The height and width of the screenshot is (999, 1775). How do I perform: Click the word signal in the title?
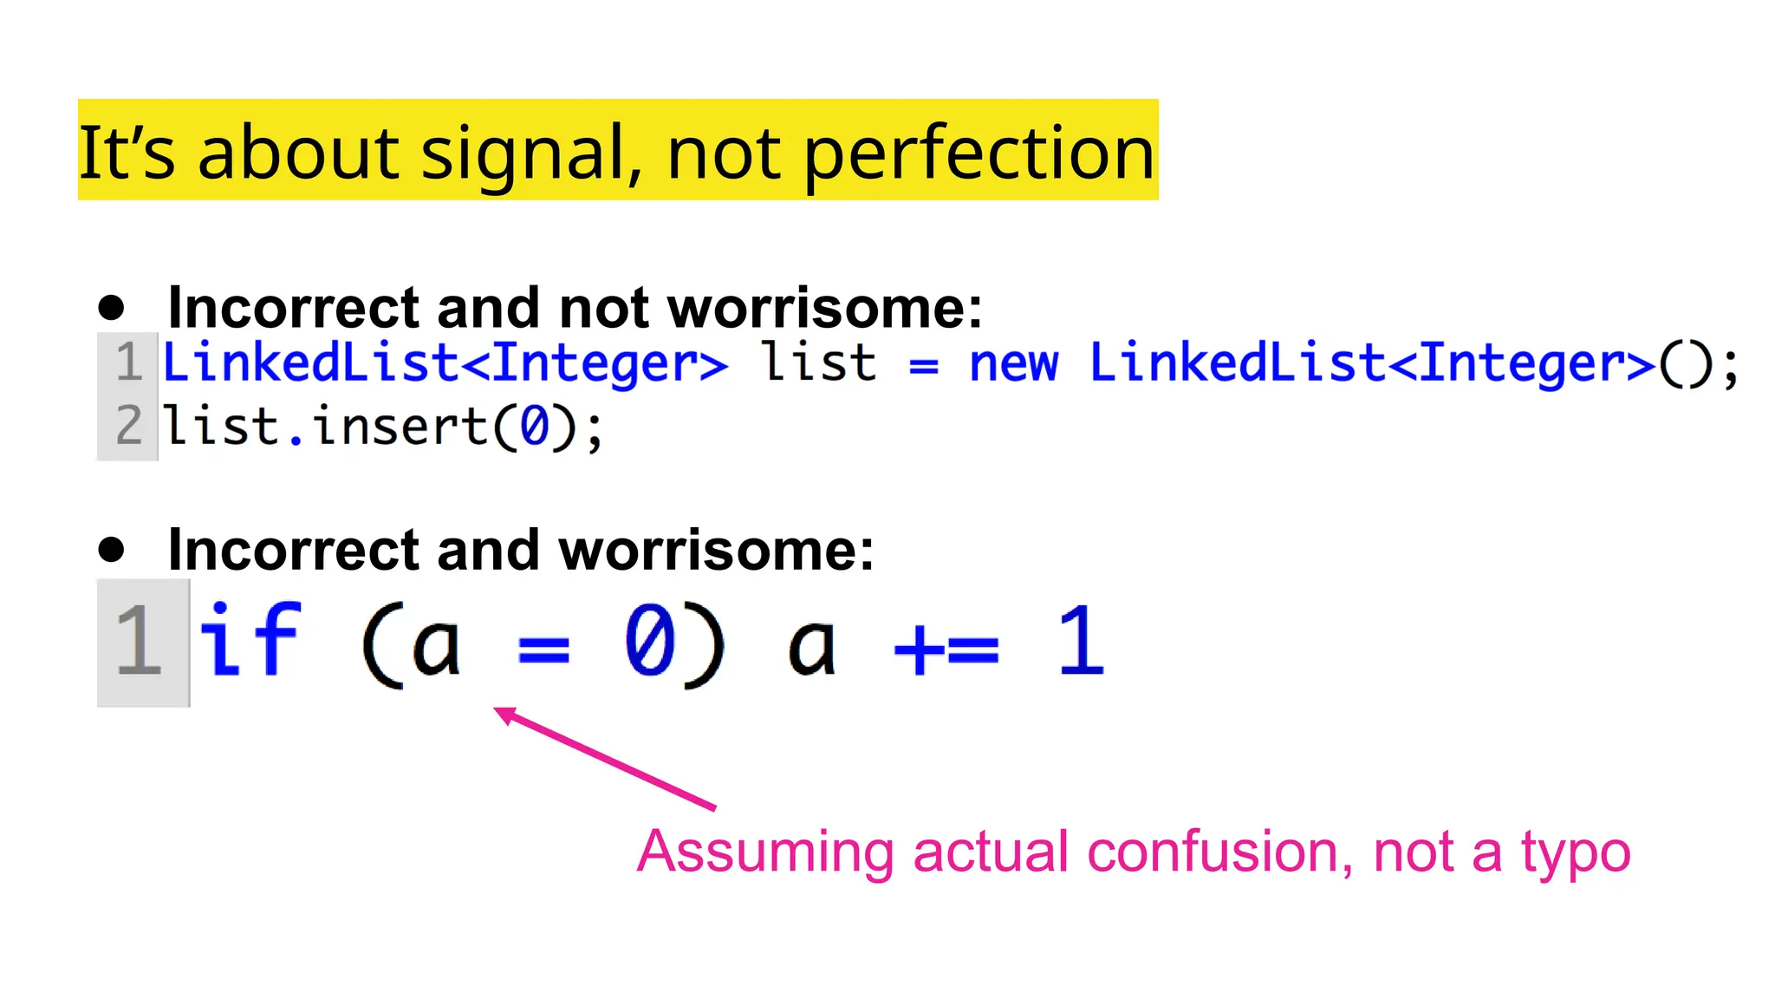pyautogui.click(x=531, y=154)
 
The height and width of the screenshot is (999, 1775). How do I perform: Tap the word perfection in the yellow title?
pyautogui.click(x=979, y=154)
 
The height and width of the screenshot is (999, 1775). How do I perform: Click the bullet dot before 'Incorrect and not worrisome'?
pyautogui.click(x=111, y=307)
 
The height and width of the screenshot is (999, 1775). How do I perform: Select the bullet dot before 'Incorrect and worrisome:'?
pyautogui.click(x=111, y=549)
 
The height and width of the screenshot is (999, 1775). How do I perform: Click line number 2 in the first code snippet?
pyautogui.click(x=129, y=426)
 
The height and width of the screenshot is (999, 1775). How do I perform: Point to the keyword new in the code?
pyautogui.click(x=1013, y=363)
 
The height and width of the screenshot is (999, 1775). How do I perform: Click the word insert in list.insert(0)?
pyautogui.click(x=400, y=426)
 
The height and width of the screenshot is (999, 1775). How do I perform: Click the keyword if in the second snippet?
pyautogui.click(x=250, y=641)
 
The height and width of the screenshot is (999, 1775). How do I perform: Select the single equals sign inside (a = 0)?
pyautogui.click(x=543, y=649)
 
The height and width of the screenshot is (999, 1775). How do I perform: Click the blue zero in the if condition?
pyautogui.click(x=650, y=641)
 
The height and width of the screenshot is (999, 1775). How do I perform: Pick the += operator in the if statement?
pyautogui.click(x=946, y=649)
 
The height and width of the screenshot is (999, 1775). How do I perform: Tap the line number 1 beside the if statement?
pyautogui.click(x=139, y=642)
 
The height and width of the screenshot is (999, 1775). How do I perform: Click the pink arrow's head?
pyautogui.click(x=504, y=714)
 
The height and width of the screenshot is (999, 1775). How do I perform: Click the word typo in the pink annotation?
pyautogui.click(x=1576, y=853)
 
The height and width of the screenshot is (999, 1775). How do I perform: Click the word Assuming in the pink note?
pyautogui.click(x=765, y=853)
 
